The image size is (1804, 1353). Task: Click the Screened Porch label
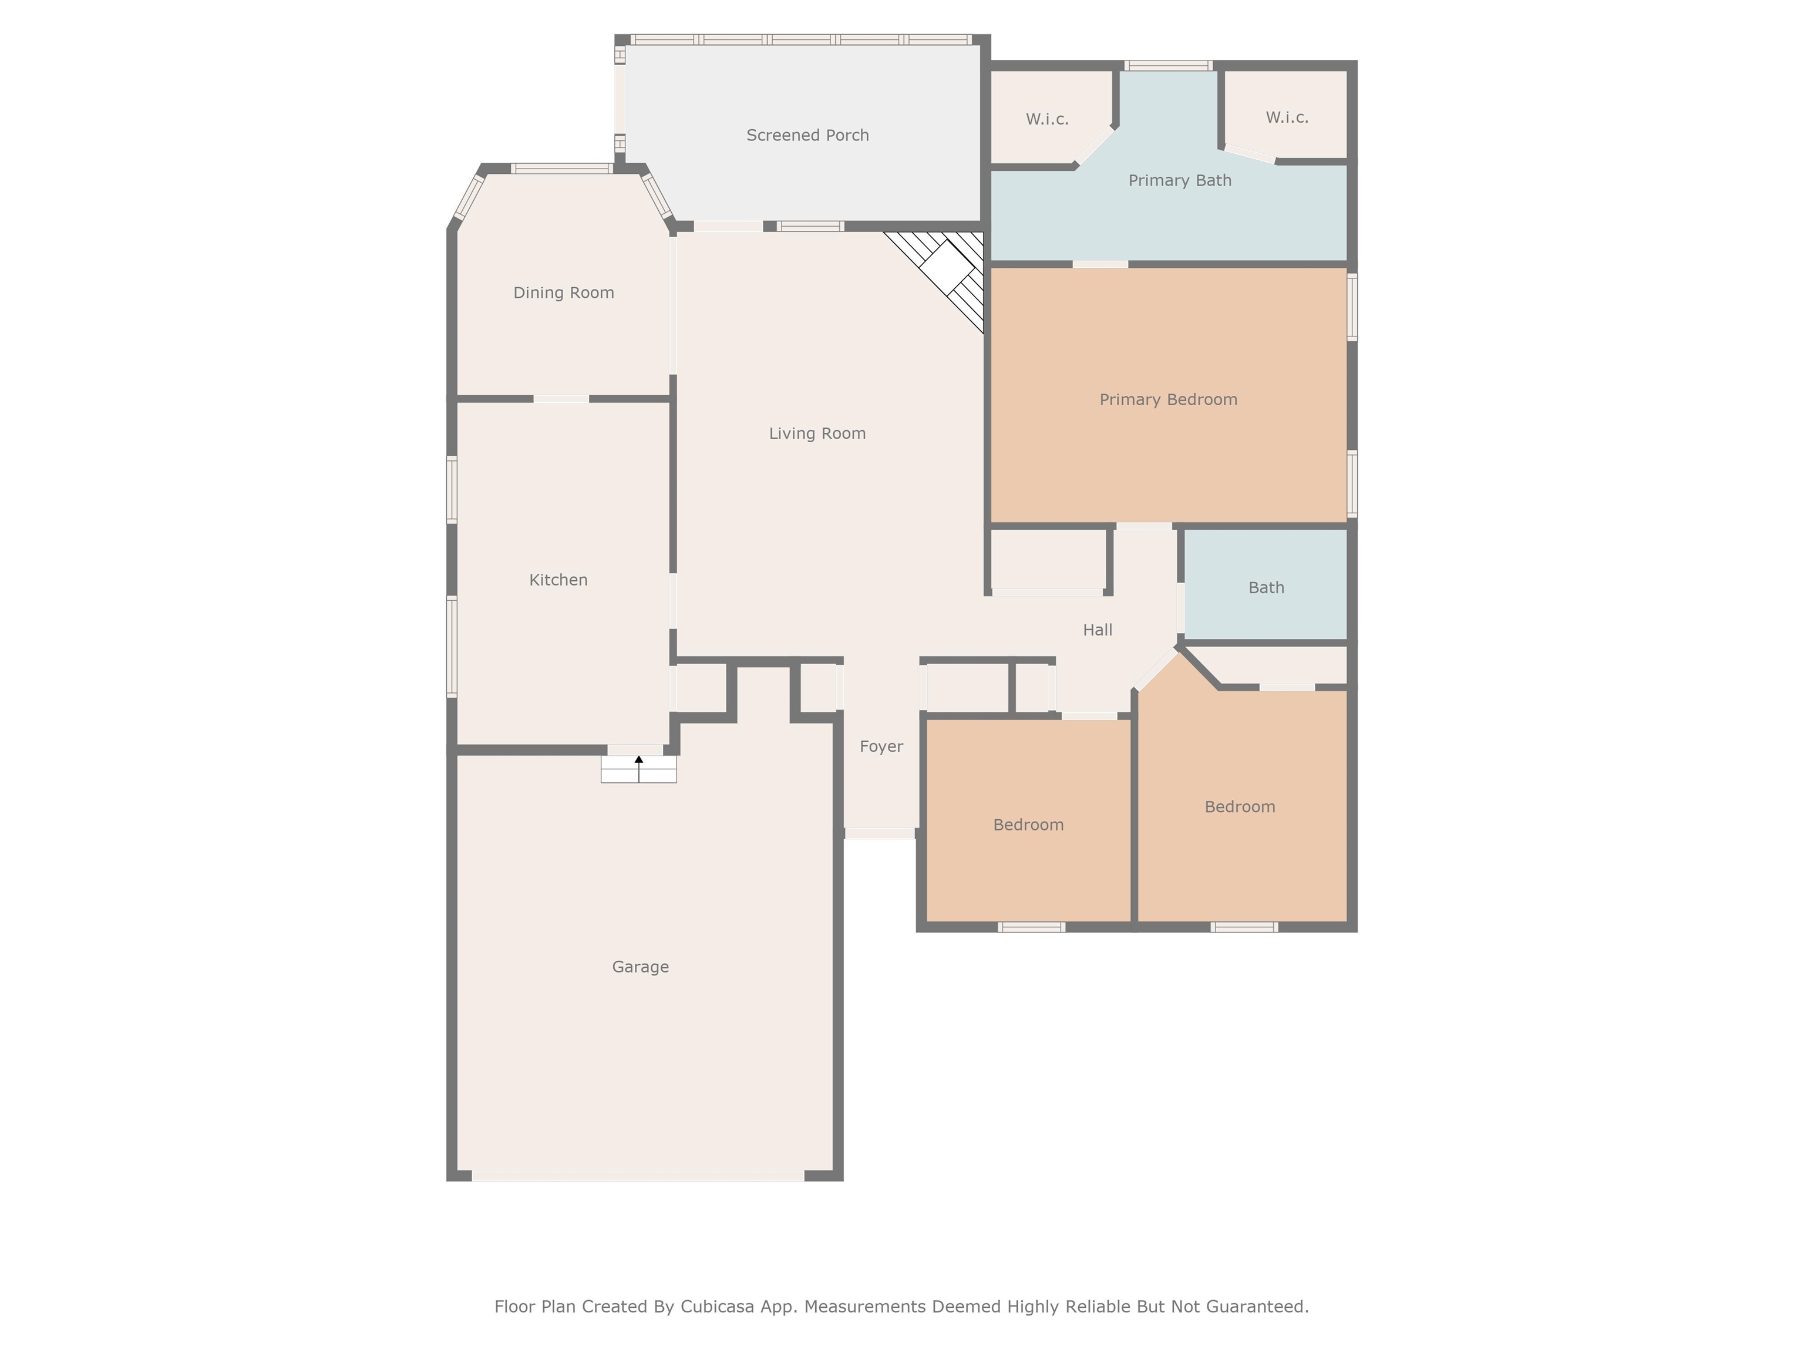pyautogui.click(x=807, y=136)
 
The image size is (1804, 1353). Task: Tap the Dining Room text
pyautogui.click(x=564, y=293)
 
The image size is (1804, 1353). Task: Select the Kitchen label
pyautogui.click(x=558, y=580)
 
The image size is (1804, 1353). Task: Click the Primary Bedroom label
pyautogui.click(x=1168, y=400)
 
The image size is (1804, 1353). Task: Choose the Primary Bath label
pyautogui.click(x=1179, y=180)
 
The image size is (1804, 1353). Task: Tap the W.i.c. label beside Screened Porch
pyautogui.click(x=1046, y=119)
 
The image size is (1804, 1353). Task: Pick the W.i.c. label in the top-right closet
pyautogui.click(x=1287, y=117)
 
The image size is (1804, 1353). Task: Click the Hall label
pyautogui.click(x=1097, y=630)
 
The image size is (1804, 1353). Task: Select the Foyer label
pyautogui.click(x=881, y=746)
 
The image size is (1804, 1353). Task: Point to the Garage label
pyautogui.click(x=640, y=967)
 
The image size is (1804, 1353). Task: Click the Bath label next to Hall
pyautogui.click(x=1266, y=587)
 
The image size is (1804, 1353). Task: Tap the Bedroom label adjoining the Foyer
pyautogui.click(x=1028, y=824)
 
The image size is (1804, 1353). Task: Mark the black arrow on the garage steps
pyautogui.click(x=638, y=760)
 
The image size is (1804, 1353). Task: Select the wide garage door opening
pyautogui.click(x=638, y=1175)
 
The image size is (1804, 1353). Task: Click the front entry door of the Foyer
pyautogui.click(x=879, y=833)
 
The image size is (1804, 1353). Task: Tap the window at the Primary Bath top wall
pyautogui.click(x=1168, y=65)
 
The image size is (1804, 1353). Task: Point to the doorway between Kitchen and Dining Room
pyautogui.click(x=561, y=399)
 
